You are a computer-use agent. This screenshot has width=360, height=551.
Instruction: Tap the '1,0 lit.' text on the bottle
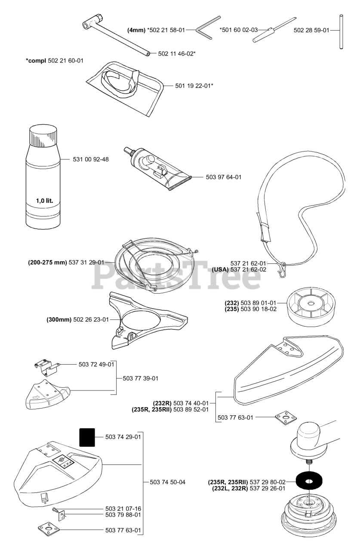[x=48, y=201]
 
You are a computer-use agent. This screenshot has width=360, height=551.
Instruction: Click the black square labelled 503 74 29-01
[x=87, y=437]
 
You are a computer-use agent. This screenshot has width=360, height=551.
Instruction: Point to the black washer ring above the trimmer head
[x=308, y=481]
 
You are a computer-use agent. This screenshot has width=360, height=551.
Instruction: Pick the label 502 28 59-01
[x=311, y=31]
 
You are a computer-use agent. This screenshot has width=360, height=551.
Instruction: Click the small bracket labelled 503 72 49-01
[x=45, y=367]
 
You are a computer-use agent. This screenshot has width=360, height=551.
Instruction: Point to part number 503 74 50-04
[x=167, y=482]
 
